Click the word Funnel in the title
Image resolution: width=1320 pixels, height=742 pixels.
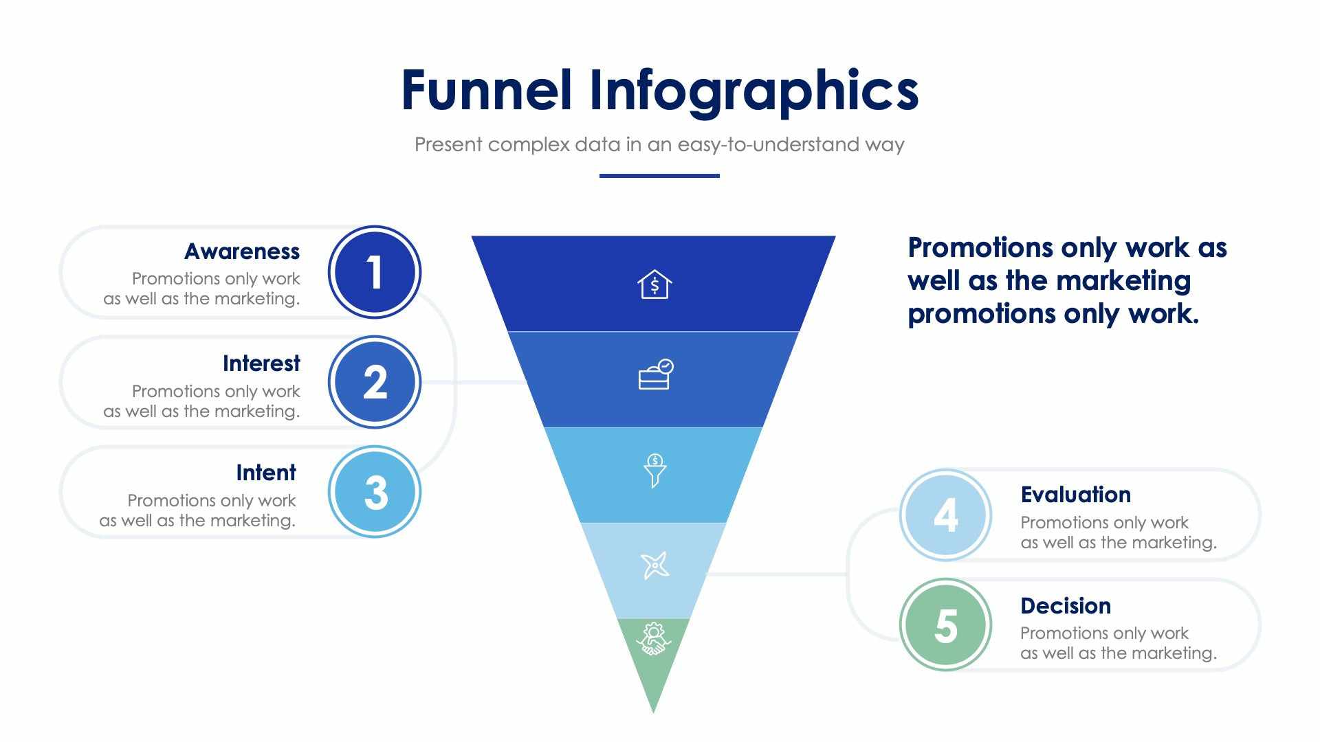click(486, 91)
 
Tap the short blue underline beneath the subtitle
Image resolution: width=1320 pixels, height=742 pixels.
click(659, 176)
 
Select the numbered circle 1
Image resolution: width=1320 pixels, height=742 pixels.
click(375, 272)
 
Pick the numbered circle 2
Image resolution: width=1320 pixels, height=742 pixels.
click(375, 382)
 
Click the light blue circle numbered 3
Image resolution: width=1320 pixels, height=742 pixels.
click(375, 492)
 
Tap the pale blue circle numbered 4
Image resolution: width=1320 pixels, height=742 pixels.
click(945, 515)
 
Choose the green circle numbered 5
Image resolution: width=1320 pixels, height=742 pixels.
click(945, 625)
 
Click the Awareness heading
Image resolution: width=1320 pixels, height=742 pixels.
click(242, 251)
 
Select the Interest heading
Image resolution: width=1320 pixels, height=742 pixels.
click(261, 363)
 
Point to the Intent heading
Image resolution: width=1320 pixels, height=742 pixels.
click(265, 473)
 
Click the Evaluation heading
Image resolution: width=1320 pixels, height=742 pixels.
click(1075, 495)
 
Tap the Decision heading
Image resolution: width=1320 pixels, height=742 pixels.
click(1065, 606)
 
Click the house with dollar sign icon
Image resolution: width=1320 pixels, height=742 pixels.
click(654, 284)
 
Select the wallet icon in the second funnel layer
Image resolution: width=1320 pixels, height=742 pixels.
click(655, 375)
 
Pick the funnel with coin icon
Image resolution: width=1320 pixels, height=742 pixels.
click(654, 471)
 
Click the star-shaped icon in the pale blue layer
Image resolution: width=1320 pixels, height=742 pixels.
click(654, 565)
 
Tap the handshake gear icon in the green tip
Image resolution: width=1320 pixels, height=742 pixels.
click(653, 639)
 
